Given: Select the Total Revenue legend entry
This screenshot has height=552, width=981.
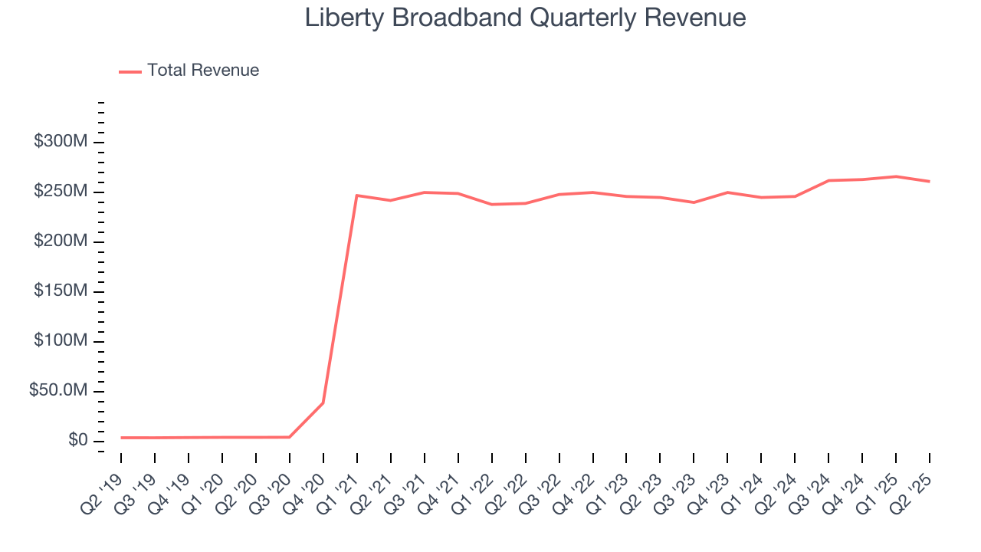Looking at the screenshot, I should (203, 71).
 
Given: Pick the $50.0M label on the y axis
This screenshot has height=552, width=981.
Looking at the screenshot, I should (58, 391).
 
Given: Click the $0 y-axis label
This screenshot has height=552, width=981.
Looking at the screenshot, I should (77, 441).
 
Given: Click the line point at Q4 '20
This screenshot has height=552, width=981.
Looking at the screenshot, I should (323, 402).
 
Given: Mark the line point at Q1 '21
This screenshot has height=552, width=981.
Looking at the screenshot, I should (357, 195).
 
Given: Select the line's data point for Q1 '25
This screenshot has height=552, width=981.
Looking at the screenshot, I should (896, 176).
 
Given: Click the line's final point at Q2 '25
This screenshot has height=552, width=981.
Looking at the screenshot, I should (930, 181).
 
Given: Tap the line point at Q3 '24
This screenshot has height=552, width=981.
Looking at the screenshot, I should (828, 180).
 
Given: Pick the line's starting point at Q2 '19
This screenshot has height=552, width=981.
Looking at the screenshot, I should (121, 438).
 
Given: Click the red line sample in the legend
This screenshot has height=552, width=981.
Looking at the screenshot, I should (130, 71).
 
